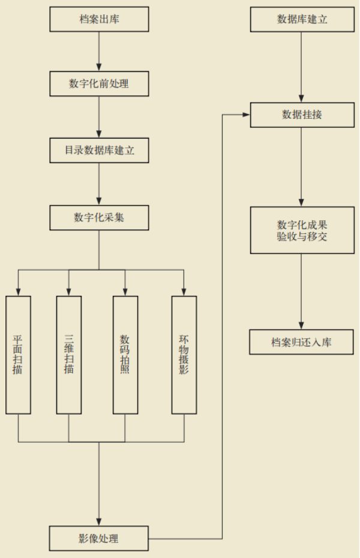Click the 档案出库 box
pyautogui.click(x=99, y=19)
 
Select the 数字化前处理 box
pyautogui.click(x=99, y=84)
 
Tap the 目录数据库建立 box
pyautogui.click(x=99, y=151)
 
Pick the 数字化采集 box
pyautogui.click(x=99, y=217)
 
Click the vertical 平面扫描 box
pyautogui.click(x=18, y=355)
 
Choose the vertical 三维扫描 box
pyautogui.click(x=69, y=355)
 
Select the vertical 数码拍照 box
pyautogui.click(x=125, y=355)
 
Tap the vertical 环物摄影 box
pyautogui.click(x=184, y=355)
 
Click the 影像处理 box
pyautogui.click(x=99, y=538)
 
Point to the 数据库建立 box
pyautogui.click(x=302, y=19)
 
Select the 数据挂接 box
pyautogui.click(x=302, y=115)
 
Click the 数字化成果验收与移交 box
pyautogui.click(x=302, y=230)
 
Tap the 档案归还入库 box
pyautogui.click(x=302, y=342)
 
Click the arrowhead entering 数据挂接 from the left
pyautogui.click(x=246, y=115)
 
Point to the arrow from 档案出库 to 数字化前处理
pyautogui.click(x=99, y=52)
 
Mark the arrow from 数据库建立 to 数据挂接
pyautogui.click(x=302, y=66)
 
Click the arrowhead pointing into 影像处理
pyautogui.click(x=99, y=522)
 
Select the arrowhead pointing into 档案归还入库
pyautogui.click(x=302, y=325)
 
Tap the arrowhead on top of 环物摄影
pyautogui.click(x=184, y=292)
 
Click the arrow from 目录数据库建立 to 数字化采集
pyautogui.click(x=99, y=184)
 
